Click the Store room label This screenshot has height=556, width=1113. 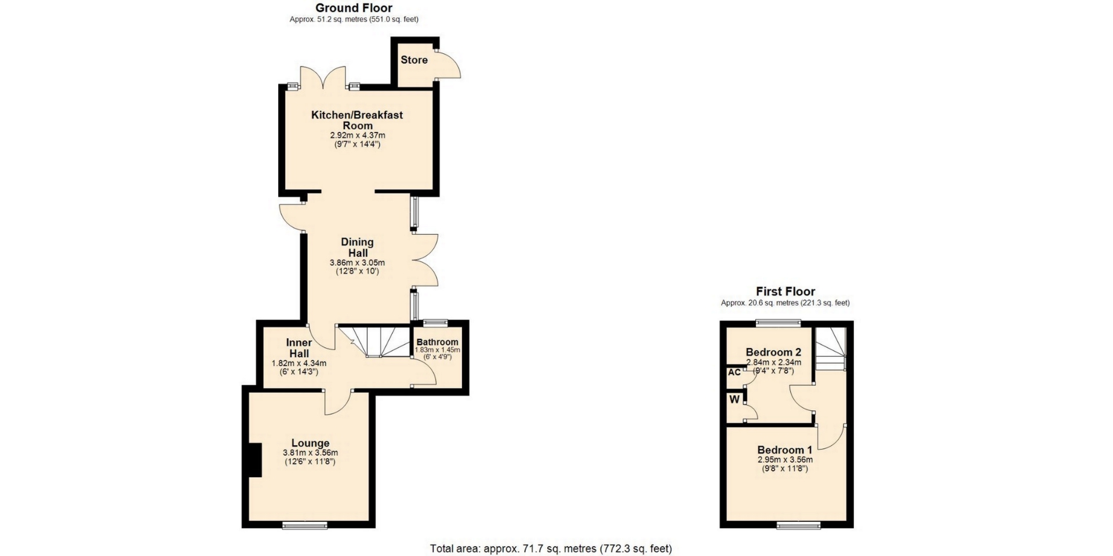click(414, 60)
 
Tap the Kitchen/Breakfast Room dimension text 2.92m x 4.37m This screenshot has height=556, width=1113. click(358, 136)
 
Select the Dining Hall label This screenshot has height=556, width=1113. click(357, 247)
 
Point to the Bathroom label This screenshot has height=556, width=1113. click(437, 342)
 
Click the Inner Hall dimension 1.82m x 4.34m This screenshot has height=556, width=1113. click(299, 364)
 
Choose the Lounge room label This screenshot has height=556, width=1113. click(310, 444)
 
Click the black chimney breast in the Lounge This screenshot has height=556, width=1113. click(255, 460)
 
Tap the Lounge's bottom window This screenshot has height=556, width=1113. click(305, 525)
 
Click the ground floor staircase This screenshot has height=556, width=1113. click(374, 342)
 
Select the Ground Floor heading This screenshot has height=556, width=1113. click(354, 8)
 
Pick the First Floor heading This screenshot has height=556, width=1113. click(785, 291)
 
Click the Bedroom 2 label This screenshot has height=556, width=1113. click(773, 352)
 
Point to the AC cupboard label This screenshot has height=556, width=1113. click(734, 372)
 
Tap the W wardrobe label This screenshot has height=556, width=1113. click(734, 399)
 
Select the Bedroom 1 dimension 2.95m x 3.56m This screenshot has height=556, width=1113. click(785, 460)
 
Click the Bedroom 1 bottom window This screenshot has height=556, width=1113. click(799, 525)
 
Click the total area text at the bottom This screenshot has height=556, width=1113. click(551, 548)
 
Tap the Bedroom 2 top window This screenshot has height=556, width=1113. click(779, 323)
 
